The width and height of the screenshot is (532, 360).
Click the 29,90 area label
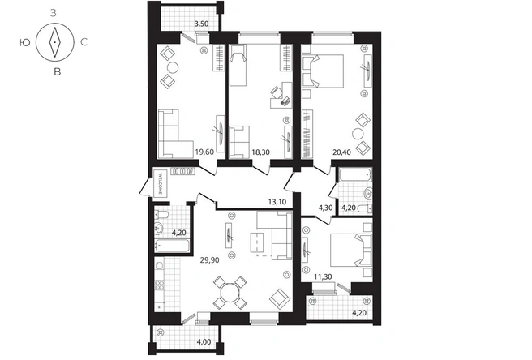click(210, 260)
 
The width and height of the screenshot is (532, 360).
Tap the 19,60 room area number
click(204, 152)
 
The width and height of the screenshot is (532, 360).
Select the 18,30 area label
click(260, 152)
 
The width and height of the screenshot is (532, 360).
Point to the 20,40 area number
click(341, 152)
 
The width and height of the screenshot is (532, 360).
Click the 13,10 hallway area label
click(277, 202)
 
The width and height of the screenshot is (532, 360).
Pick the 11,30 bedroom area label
click(323, 276)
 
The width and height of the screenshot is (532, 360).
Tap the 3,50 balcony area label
click(201, 24)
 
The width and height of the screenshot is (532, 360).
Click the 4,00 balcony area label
click(204, 341)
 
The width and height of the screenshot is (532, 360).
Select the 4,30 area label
click(325, 208)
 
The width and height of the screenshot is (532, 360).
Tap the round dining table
click(230, 293)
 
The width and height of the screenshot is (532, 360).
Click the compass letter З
click(54, 14)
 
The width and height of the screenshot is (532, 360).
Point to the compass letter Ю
click(25, 42)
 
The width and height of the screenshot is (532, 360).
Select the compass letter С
click(84, 42)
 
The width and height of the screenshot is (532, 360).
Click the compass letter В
click(58, 71)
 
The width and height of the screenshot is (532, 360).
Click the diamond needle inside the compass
click(54, 42)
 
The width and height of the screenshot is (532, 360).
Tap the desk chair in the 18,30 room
click(276, 92)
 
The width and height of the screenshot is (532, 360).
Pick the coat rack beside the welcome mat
click(183, 171)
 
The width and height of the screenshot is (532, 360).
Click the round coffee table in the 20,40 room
click(358, 134)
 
